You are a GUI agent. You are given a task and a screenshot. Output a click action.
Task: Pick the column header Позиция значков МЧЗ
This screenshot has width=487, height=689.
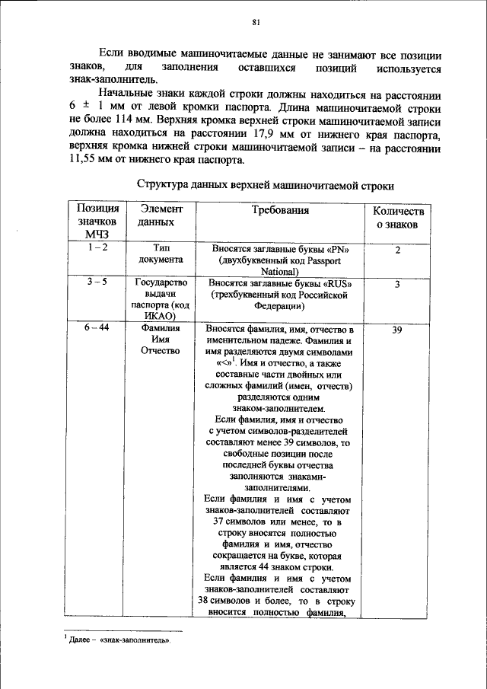click(x=98, y=222)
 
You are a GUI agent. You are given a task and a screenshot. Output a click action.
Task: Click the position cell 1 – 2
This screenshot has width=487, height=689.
click(x=97, y=248)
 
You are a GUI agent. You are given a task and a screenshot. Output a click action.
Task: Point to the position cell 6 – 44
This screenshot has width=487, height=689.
click(x=97, y=328)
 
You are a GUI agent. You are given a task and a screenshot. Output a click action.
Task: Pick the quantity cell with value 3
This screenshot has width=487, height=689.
click(x=396, y=284)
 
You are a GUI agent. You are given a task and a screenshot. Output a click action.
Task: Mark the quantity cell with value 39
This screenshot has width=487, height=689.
click(x=396, y=330)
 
